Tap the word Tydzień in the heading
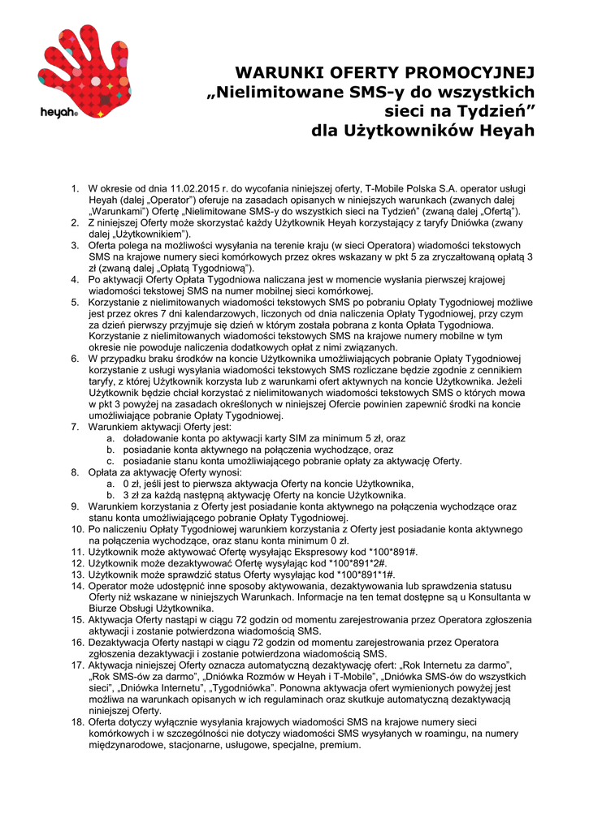[489, 111]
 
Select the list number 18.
[78, 722]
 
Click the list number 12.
[78, 563]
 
